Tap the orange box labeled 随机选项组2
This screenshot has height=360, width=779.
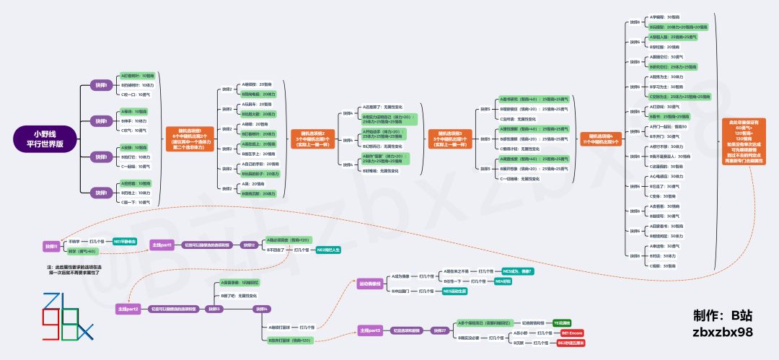pyautogui.click(x=313, y=136)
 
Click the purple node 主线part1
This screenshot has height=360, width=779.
pyautogui.click(x=162, y=245)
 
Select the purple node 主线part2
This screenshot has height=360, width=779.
pyautogui.click(x=128, y=309)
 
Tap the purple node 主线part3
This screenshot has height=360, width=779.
pyautogui.click(x=370, y=330)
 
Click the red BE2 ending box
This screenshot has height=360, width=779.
pyautogui.click(x=571, y=343)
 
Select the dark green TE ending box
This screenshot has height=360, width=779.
pyautogui.click(x=562, y=322)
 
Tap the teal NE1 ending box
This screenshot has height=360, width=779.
pyautogui.click(x=125, y=241)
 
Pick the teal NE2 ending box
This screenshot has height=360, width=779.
pyautogui.click(x=328, y=250)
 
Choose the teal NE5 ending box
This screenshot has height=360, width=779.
pyautogui.click(x=454, y=291)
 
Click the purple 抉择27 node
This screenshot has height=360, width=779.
pyautogui.click(x=439, y=330)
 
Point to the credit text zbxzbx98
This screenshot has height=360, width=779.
pyautogui.click(x=722, y=333)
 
